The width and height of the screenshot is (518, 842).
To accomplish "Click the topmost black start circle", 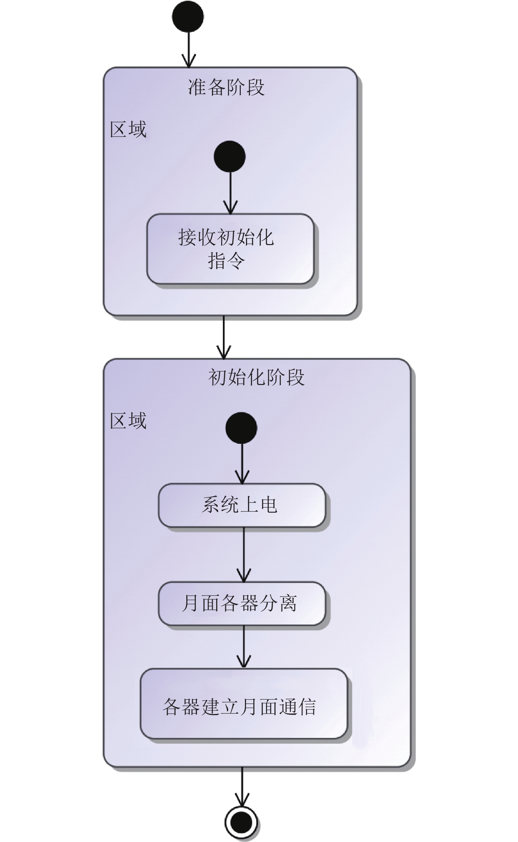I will coord(188,16).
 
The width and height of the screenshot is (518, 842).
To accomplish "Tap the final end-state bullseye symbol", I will coord(241,822).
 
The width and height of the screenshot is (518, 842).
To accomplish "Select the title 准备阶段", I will coord(226,87).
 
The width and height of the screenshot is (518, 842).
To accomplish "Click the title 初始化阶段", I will coord(256,378).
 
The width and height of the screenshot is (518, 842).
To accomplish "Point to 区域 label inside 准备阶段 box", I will coord(128,129).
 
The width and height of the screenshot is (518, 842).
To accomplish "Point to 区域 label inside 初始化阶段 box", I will coord(128,421).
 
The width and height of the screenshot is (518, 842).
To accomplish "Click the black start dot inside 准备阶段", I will coord(230,156).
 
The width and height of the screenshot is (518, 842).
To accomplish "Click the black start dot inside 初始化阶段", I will coord(241,428).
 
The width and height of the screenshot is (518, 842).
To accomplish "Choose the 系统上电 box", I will coord(242,505).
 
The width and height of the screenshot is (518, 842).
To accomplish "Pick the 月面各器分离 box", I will coord(242,604).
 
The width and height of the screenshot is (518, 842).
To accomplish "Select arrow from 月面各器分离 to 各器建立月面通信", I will coord(244,647).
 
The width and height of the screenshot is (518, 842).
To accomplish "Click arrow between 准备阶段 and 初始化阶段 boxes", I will coord(224,337).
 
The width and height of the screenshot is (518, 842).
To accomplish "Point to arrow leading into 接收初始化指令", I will coord(230,193).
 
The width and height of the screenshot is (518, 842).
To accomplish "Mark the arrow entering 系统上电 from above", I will coord(242,464).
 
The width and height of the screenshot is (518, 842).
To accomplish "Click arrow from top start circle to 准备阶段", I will coord(188,49).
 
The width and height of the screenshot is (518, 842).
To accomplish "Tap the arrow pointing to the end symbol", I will coord(242,786).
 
